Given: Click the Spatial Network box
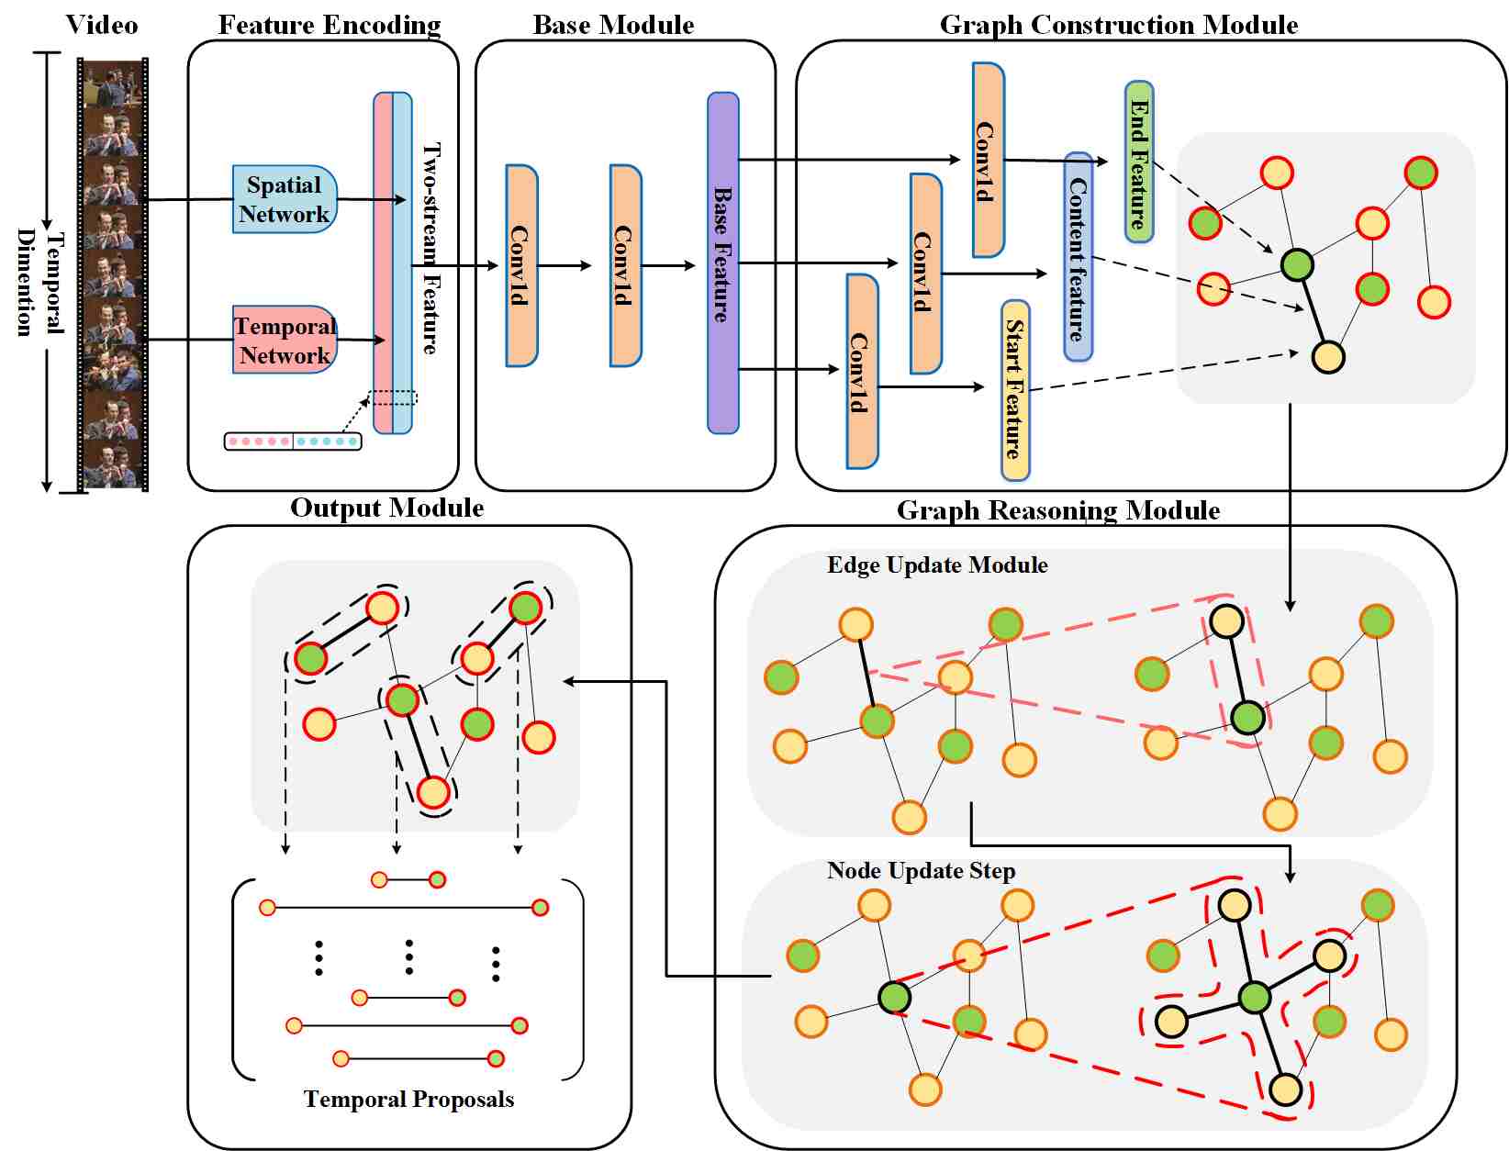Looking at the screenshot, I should [285, 199].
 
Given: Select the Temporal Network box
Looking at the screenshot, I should [285, 340].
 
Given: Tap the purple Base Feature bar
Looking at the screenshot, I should [723, 263].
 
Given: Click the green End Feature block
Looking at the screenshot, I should [1139, 162].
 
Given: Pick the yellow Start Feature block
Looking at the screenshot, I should [1015, 390].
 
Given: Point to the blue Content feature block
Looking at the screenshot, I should [1079, 258].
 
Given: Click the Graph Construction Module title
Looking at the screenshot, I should [1119, 25].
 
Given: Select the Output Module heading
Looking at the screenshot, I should [386, 508].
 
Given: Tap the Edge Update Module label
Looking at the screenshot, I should [937, 564].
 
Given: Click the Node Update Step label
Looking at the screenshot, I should [921, 870].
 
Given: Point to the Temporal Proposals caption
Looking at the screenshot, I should [408, 1099].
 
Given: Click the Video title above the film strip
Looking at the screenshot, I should [102, 25].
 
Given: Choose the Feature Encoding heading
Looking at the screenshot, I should [330, 25].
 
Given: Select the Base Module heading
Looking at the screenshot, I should [613, 25].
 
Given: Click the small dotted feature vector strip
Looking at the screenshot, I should [293, 441].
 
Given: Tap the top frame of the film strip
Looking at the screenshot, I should [112, 84].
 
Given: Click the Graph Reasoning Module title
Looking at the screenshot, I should [1058, 510].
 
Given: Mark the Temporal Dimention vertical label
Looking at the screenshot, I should [40, 282].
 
